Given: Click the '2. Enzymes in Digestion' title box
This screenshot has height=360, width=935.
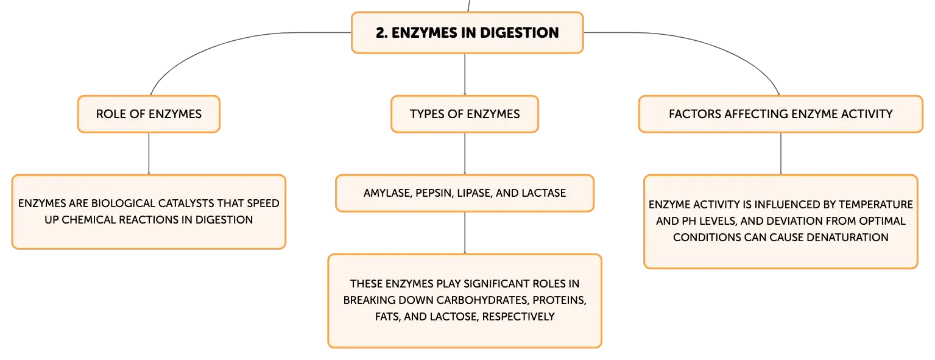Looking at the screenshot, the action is pyautogui.click(x=467, y=32).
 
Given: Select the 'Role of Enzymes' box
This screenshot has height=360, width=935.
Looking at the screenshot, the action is pyautogui.click(x=149, y=114).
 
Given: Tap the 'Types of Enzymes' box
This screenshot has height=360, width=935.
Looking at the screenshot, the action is pyautogui.click(x=465, y=114).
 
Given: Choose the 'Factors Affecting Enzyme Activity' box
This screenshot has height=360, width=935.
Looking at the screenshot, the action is pyautogui.click(x=780, y=114).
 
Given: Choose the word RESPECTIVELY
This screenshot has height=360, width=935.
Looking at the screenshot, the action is pyautogui.click(x=518, y=317).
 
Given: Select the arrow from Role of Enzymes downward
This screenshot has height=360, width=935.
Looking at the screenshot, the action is pyautogui.click(x=149, y=154).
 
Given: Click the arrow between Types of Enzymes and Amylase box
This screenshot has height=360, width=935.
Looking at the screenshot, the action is pyautogui.click(x=465, y=154).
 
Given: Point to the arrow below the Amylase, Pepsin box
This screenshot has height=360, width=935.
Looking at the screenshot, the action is pyautogui.click(x=465, y=233).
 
